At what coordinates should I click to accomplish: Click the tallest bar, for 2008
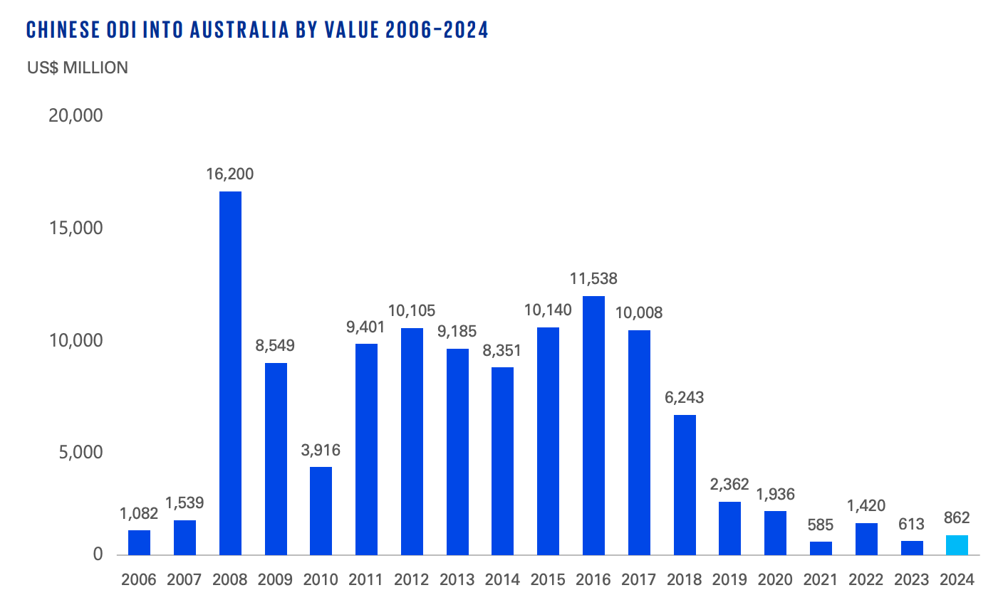coord(230,373)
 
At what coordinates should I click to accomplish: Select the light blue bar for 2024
coord(957,545)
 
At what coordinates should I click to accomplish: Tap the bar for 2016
coord(593,425)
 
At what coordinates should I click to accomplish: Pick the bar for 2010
coord(321,510)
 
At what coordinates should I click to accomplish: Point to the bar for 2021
coord(821,548)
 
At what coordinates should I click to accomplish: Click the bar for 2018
coord(685,485)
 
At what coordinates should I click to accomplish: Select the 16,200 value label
coord(230,174)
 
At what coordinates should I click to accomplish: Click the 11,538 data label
coord(593,278)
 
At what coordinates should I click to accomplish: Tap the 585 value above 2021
coord(821,525)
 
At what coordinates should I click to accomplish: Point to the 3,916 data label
coord(321,450)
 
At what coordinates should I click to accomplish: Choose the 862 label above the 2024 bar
coord(957,518)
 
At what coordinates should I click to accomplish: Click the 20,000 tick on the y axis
coord(76,115)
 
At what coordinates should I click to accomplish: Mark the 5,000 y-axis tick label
coord(80,452)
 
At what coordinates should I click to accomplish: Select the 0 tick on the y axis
coord(98,554)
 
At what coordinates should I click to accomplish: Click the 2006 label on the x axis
coord(139,579)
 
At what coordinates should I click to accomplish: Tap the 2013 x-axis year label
coord(457,579)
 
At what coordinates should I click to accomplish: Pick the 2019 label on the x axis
coord(729,579)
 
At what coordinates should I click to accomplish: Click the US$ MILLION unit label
coord(78,68)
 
